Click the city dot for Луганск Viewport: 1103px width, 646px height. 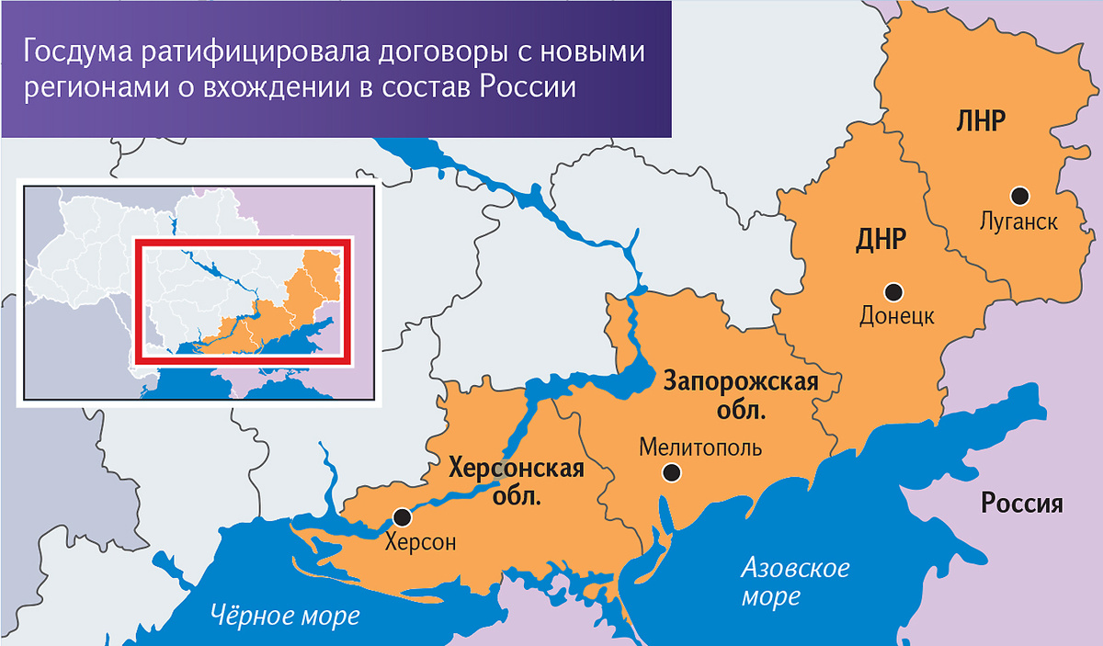(1019, 195)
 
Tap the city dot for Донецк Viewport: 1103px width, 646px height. (893, 292)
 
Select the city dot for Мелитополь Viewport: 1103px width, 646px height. (673, 473)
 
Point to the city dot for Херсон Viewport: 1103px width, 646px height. (401, 516)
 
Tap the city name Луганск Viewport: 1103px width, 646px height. (1019, 221)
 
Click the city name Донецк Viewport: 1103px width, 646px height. (897, 317)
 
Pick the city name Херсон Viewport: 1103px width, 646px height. (421, 542)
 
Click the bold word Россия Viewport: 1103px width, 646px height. (1022, 504)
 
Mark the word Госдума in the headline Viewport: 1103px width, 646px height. (77, 54)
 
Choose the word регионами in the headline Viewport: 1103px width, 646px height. (85, 89)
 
